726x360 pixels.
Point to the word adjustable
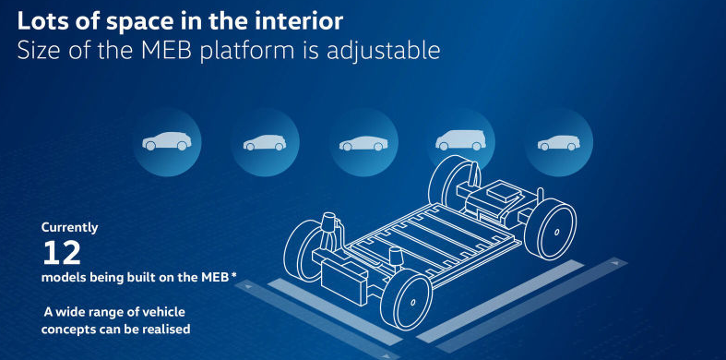coord(384,51)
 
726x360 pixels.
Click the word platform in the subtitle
coord(248,51)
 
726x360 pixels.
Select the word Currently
coord(70,228)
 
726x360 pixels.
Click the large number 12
coord(62,253)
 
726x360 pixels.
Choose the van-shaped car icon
coord(460,139)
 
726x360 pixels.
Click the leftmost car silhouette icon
coord(167,141)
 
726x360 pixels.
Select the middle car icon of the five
coord(363,143)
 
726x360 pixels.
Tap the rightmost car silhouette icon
coord(559,143)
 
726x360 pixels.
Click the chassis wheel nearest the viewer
coord(406,299)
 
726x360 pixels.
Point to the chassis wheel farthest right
coord(551,229)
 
